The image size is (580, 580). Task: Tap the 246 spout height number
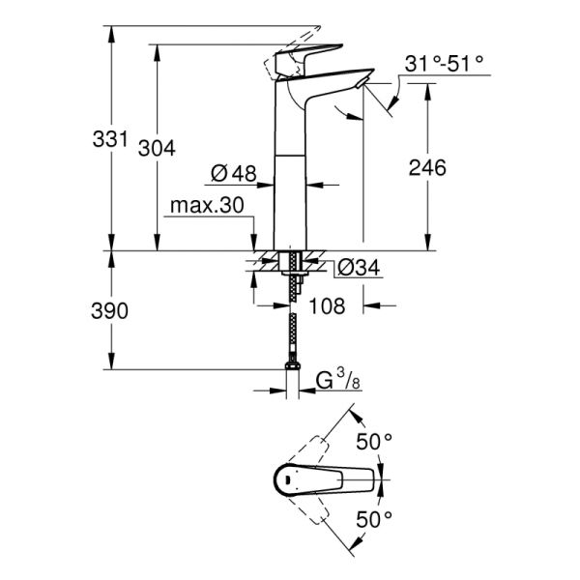tap(426, 167)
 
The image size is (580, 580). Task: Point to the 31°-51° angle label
tap(444, 66)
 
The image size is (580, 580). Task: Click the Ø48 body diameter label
tap(232, 174)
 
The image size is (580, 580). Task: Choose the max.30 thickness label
tap(207, 206)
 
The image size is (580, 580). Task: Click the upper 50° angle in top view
tap(375, 442)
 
